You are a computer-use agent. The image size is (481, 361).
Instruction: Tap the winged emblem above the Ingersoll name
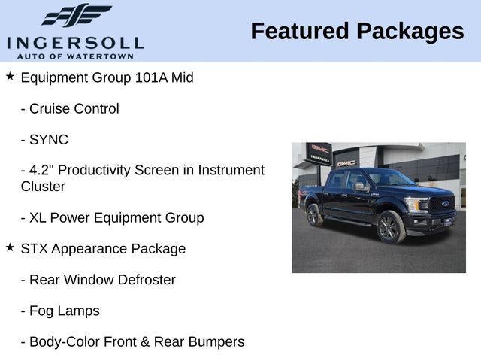pos(76,16)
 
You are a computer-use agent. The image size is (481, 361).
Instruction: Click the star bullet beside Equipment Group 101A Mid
pos(10,77)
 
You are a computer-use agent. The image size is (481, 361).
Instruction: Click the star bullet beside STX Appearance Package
pos(10,247)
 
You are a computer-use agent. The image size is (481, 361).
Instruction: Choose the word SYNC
pos(49,140)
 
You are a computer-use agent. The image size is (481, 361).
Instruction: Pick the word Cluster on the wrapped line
pos(43,187)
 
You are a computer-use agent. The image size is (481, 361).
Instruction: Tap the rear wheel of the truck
pos(314,215)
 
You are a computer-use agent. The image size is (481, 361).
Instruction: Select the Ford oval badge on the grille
pos(446,204)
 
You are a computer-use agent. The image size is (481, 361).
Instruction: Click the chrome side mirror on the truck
pos(360,186)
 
